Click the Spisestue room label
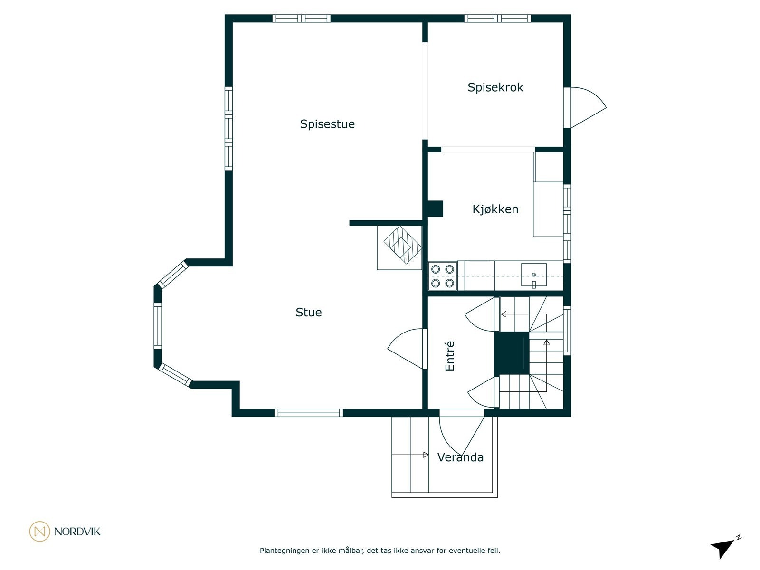pyautogui.click(x=327, y=124)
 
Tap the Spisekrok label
pyautogui.click(x=495, y=87)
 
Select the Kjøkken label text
pyautogui.click(x=495, y=209)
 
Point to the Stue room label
pyautogui.click(x=308, y=312)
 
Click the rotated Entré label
pyautogui.click(x=449, y=356)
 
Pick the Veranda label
pyautogui.click(x=460, y=457)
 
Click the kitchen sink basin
pyautogui.click(x=533, y=275)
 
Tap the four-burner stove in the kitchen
pyautogui.click(x=443, y=276)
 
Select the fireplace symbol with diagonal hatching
pyautogui.click(x=403, y=245)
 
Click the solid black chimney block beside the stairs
pyautogui.click(x=512, y=353)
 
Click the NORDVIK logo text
pyautogui.click(x=77, y=532)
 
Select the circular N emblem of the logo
pyautogui.click(x=39, y=531)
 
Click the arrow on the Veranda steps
pyautogui.click(x=410, y=455)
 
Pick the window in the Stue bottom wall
pyautogui.click(x=308, y=413)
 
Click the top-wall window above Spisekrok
pyautogui.click(x=497, y=19)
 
